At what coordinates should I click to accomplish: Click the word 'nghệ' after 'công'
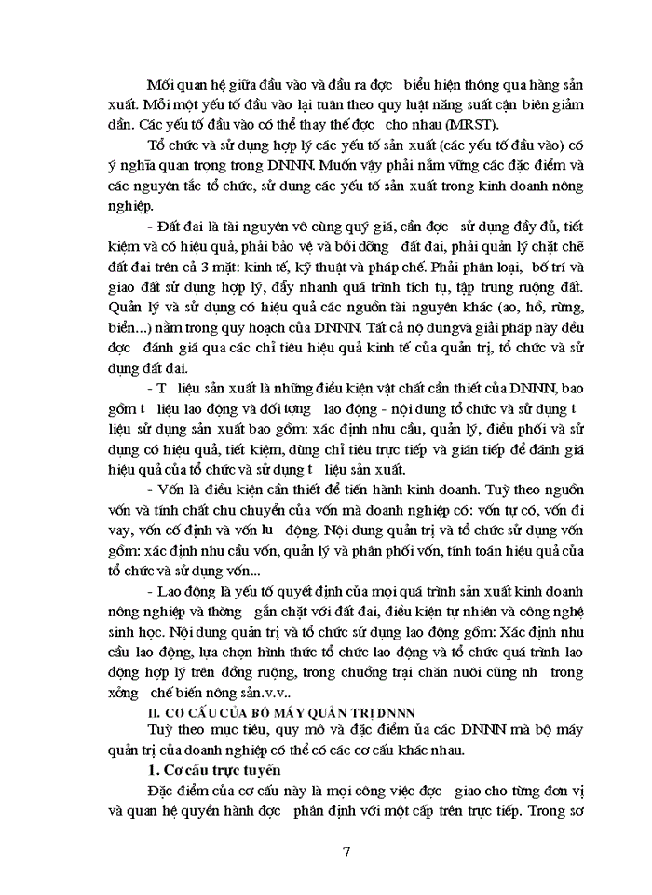565,609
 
